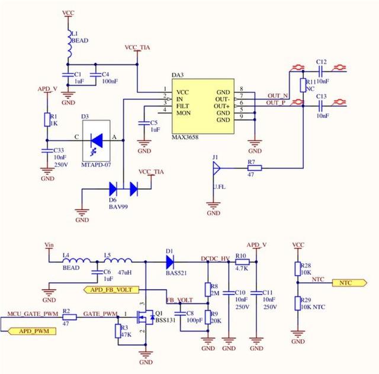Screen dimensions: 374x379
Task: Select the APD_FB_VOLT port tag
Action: [113, 289]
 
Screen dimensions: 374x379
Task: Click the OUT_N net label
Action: [277, 95]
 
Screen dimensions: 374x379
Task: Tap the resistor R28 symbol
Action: [298, 269]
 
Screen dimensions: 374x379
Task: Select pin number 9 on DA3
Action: [242, 121]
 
